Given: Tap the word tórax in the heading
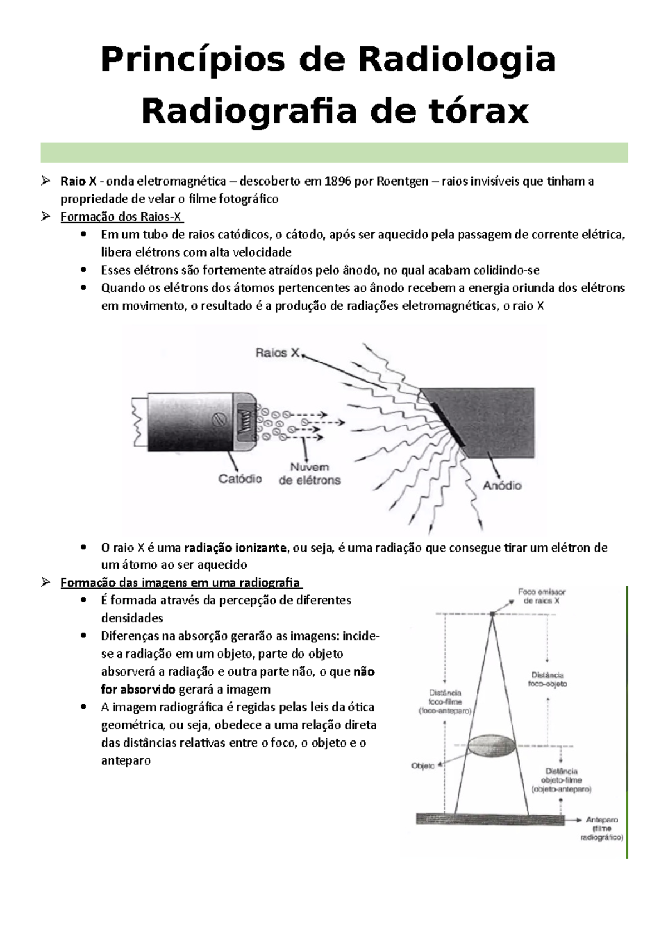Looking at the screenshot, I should (473, 111).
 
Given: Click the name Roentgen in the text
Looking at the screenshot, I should (402, 181).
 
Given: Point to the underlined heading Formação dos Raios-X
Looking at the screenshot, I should (121, 217).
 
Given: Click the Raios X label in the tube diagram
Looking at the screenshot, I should (277, 353).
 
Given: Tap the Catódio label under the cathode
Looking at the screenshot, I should (240, 479).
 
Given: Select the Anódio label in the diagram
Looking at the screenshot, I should (502, 486).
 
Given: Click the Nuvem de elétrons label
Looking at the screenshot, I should (310, 474).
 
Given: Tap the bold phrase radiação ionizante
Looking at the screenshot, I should (236, 548).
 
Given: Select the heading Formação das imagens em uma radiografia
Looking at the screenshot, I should (180, 583).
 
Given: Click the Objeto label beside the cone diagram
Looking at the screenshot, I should (423, 766).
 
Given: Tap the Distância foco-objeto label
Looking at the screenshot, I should (548, 679).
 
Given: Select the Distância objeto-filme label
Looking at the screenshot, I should (561, 780).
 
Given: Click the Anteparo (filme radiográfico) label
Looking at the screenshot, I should (601, 828).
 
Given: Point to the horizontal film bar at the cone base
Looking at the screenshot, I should (490, 819).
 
